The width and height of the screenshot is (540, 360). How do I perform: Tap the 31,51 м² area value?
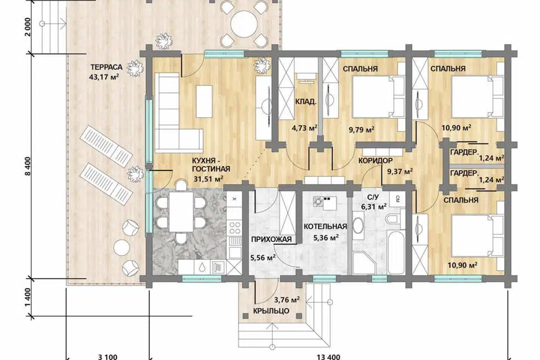coord(208,178)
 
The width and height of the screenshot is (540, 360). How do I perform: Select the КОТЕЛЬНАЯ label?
coord(325,227)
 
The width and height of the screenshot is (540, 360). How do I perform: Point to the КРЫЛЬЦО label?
coord(271,310)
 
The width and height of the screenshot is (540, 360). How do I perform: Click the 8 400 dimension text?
coord(28,166)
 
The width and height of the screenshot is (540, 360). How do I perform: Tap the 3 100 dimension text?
coord(107,357)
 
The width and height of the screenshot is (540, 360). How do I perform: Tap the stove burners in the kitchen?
coord(235,227)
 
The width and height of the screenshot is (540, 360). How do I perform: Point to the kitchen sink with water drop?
coord(202,267)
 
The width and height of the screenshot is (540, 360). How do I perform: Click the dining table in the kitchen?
coord(181,211)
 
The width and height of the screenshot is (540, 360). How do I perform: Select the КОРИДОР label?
coord(375,161)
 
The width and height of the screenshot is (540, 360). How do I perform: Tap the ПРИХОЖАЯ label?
coord(271,240)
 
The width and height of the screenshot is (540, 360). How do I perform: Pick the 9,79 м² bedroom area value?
coord(362,129)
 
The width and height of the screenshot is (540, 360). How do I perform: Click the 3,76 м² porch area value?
coord(286,299)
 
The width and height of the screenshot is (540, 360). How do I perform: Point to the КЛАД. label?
coord(305,102)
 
